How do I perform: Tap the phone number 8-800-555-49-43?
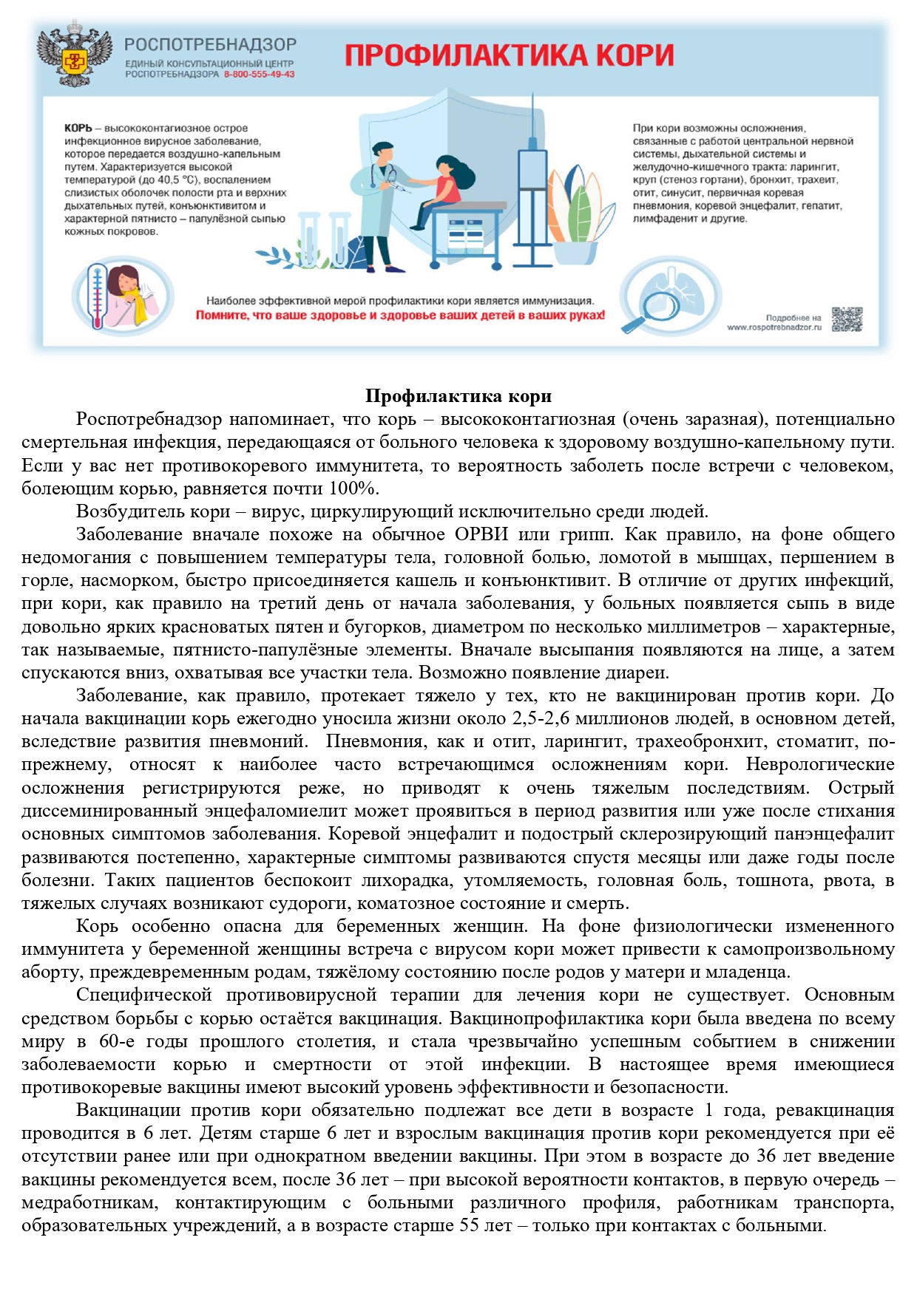click(x=259, y=75)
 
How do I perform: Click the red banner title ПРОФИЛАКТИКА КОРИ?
click(x=510, y=56)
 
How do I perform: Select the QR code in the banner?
click(x=847, y=319)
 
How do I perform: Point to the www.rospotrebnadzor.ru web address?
click(x=774, y=327)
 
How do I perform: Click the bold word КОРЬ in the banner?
click(x=78, y=129)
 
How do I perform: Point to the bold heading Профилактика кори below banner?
click(x=458, y=396)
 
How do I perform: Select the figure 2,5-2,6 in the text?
click(x=541, y=718)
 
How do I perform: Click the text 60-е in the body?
click(x=117, y=1041)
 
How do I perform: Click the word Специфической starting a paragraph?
click(x=144, y=995)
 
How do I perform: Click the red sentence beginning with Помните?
click(x=400, y=316)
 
